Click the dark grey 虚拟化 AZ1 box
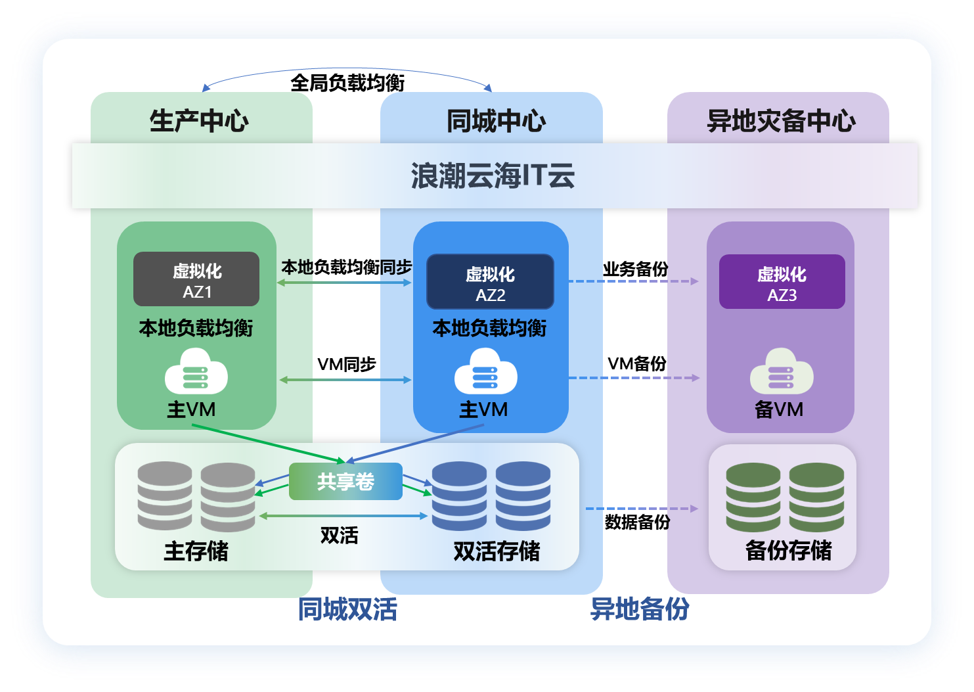tap(196, 279)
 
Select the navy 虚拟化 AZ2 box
tap(490, 282)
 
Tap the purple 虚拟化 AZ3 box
tap(782, 282)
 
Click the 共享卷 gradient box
tap(345, 482)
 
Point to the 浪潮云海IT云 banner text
tap(493, 176)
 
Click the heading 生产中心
tap(199, 121)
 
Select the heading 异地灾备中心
tap(781, 121)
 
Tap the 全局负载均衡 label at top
tap(347, 83)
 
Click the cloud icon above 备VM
tap(782, 373)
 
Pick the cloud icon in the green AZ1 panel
tap(196, 373)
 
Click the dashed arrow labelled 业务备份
tap(633, 281)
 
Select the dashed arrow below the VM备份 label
tap(634, 378)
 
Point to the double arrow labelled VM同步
tap(345, 380)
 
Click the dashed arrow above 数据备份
tap(641, 509)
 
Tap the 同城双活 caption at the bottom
tap(347, 609)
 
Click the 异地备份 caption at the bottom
tap(640, 609)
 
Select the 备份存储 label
tap(788, 551)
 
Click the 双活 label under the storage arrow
tap(339, 536)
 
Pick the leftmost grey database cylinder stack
tap(165, 496)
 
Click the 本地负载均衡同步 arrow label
tap(346, 267)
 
